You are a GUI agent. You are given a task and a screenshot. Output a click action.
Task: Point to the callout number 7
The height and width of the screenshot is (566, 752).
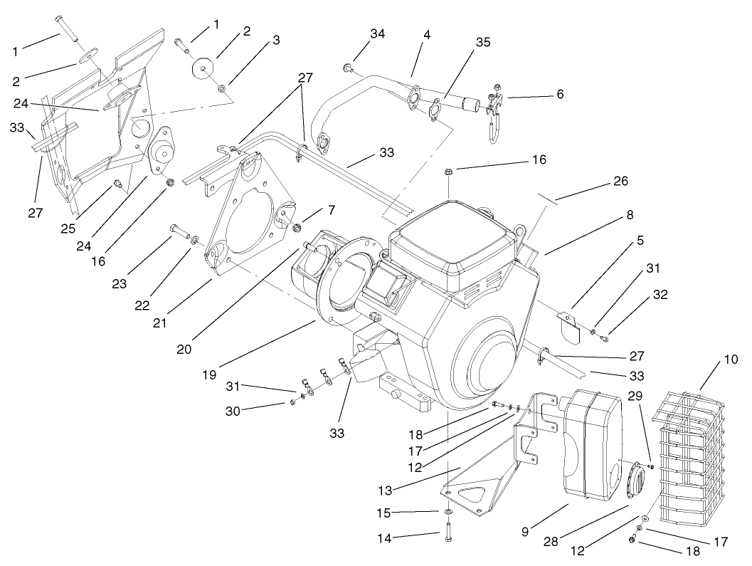[x=330, y=212]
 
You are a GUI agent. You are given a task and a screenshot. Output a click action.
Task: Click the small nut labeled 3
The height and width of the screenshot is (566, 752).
[x=222, y=88]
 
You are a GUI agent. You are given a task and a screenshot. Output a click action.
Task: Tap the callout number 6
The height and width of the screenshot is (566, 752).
[x=561, y=93]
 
